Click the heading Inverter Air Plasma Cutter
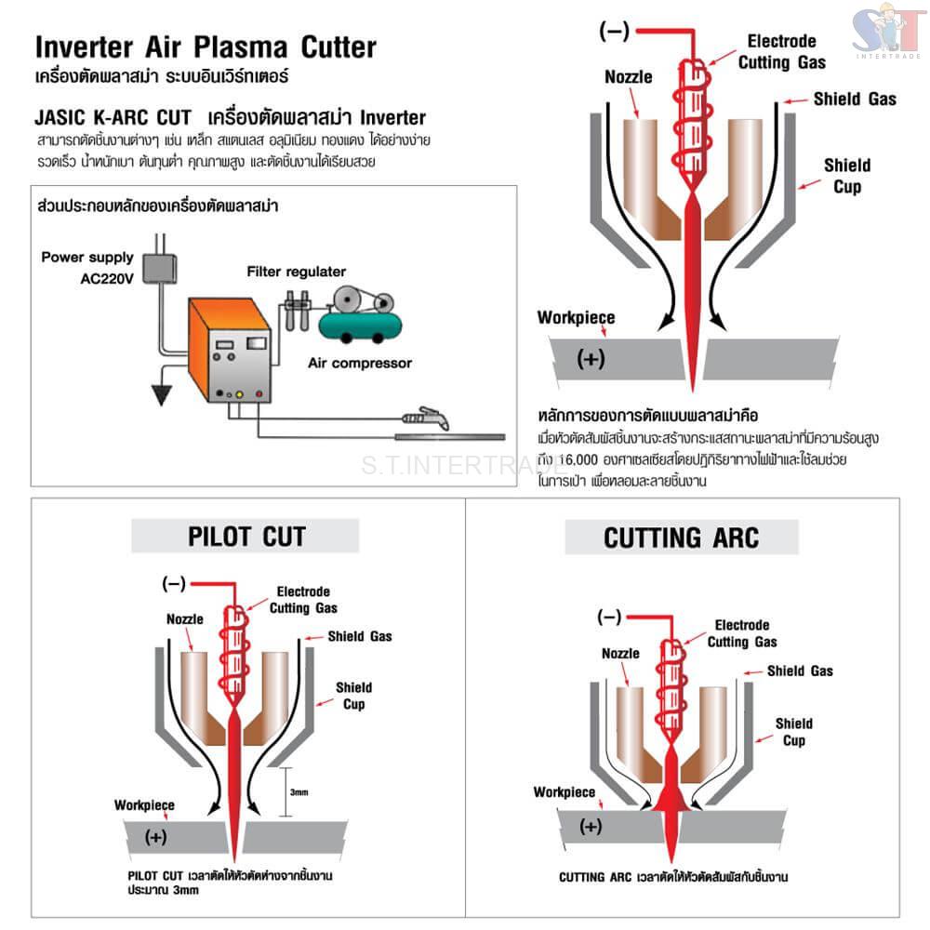206,47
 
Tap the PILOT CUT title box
246,536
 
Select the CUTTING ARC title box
681,538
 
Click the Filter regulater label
296,272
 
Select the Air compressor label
359,363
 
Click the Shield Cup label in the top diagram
846,176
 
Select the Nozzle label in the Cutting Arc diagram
620,654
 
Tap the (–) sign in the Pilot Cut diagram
174,584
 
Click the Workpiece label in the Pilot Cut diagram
144,804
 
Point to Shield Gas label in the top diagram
855,99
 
